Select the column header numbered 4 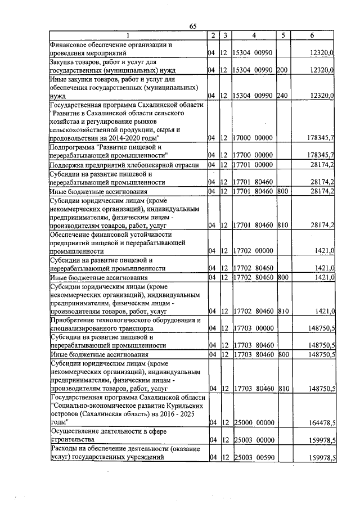pos(254,35)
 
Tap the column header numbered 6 pos(312,35)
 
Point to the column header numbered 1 pos(127,35)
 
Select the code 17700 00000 pos(253,155)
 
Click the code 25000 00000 pos(253,422)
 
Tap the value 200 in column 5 pos(282,70)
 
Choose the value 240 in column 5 pos(282,96)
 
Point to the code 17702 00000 pos(253,251)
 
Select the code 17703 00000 pos(253,328)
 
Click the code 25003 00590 pos(253,458)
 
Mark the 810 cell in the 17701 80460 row pos(283,225)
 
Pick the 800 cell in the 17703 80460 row pos(283,354)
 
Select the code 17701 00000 pos(253,164)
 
